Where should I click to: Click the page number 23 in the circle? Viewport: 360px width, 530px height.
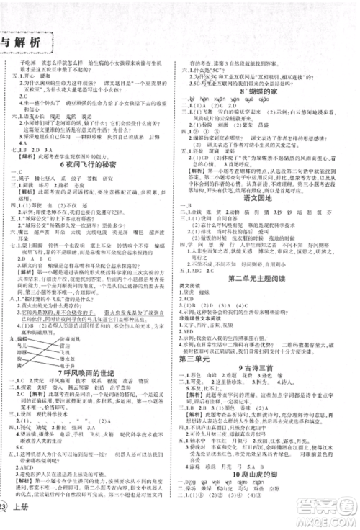tap(6, 512)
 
